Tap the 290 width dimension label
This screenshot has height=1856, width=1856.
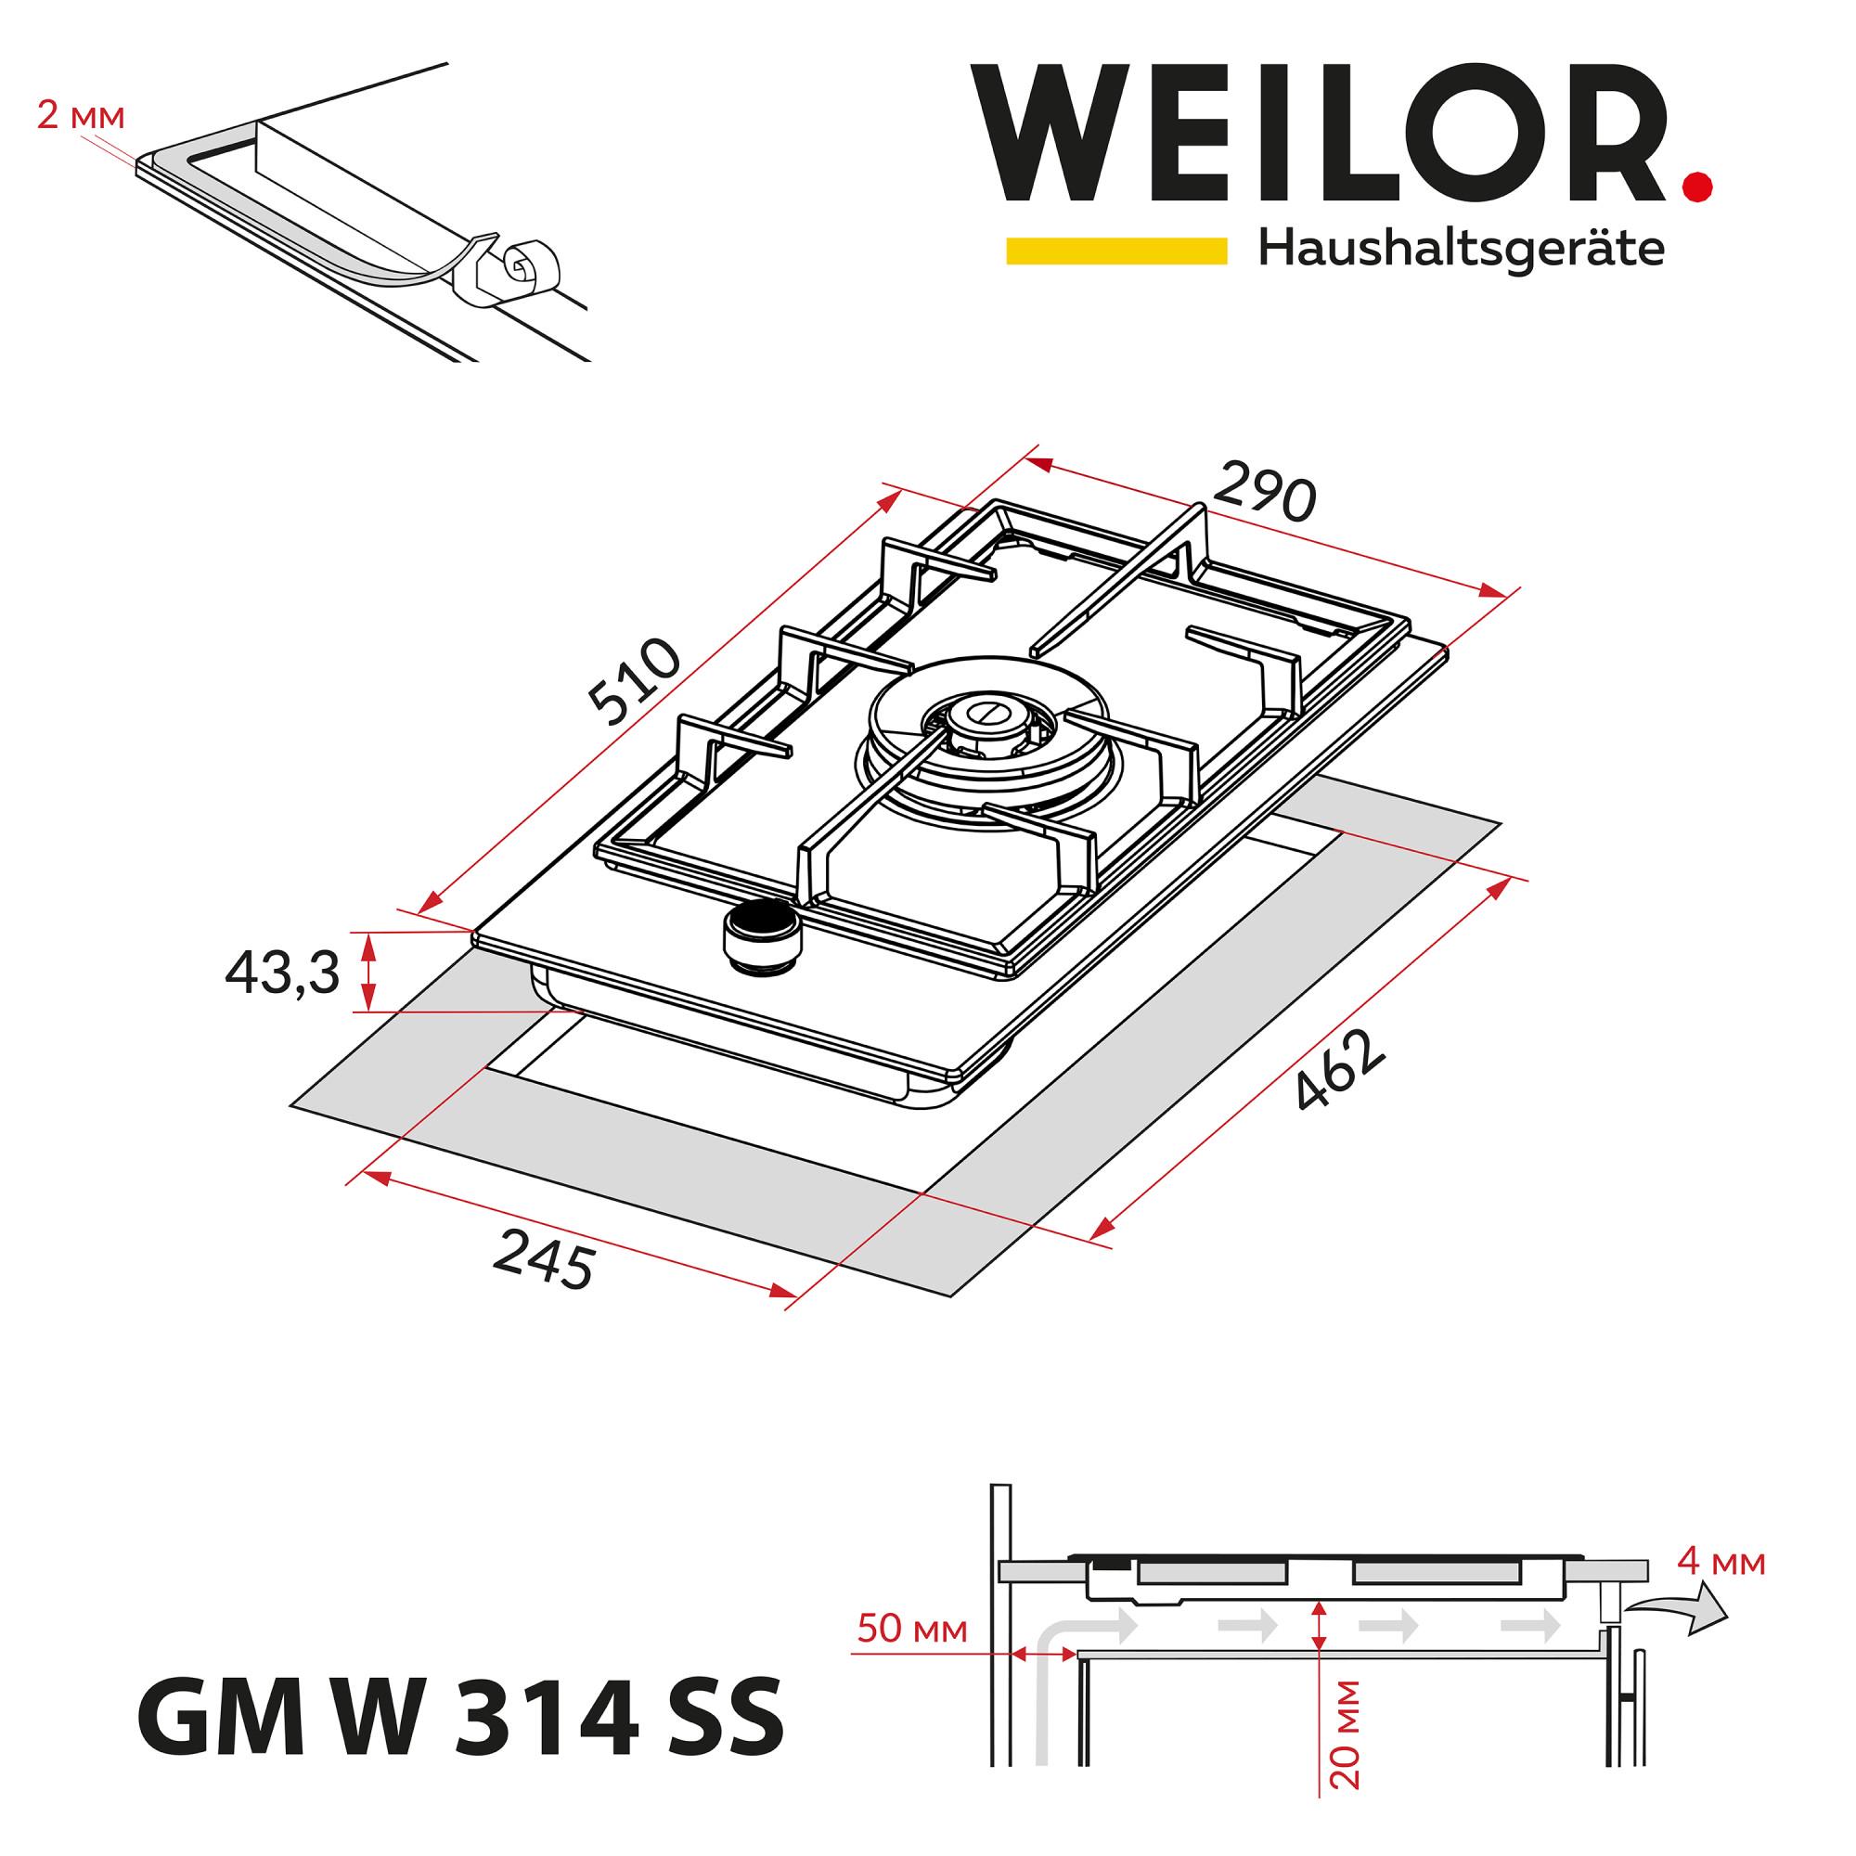[x=1263, y=491]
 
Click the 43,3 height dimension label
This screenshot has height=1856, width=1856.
[x=282, y=974]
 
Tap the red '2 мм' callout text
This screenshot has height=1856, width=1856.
[x=81, y=117]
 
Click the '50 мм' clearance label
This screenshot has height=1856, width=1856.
[x=911, y=1630]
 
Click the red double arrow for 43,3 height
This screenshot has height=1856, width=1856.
[x=367, y=973]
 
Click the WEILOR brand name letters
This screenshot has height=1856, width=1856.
[x=1321, y=134]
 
